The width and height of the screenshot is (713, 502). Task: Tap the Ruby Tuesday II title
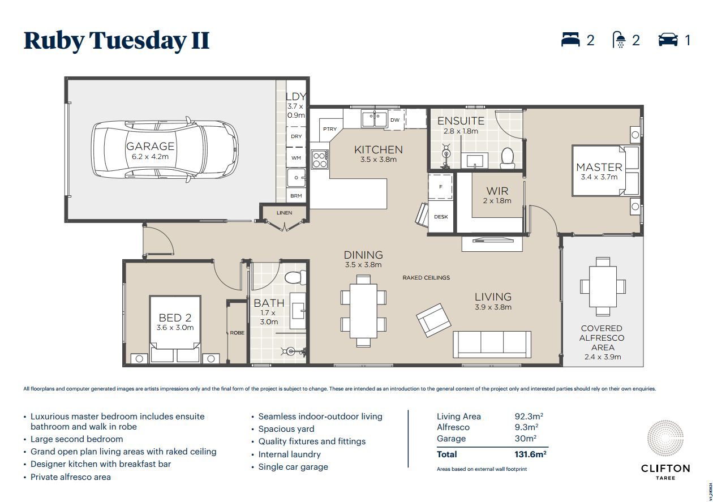point(117,41)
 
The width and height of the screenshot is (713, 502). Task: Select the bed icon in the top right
point(570,40)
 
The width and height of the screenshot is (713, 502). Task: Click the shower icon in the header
point(620,40)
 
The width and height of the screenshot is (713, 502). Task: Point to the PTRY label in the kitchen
point(330,129)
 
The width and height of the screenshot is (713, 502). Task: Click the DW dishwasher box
point(395,120)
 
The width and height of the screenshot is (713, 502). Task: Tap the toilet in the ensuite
point(508,158)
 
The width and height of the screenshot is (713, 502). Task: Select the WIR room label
point(497,191)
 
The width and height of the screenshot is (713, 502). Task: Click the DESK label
point(441,217)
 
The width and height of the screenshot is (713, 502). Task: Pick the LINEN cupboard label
point(285,213)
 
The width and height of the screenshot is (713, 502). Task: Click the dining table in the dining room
point(363,306)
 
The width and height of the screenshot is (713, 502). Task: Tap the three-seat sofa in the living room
point(492,343)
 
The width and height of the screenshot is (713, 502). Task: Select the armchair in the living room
point(434,320)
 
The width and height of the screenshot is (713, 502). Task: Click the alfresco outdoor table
point(603,286)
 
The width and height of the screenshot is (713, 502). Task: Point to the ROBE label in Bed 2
point(237,333)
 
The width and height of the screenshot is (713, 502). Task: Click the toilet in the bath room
point(294,277)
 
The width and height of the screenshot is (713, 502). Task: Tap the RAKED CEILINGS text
point(426,278)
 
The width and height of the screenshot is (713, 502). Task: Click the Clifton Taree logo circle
point(665,440)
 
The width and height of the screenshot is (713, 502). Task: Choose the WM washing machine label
point(296,158)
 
